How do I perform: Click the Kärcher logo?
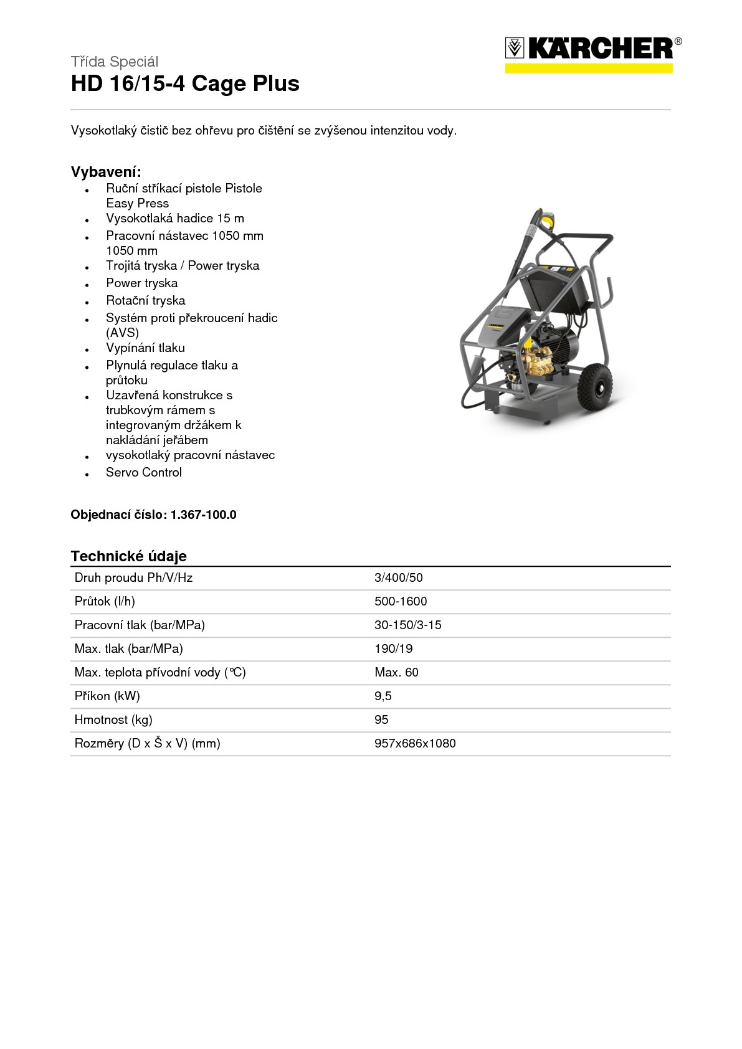click(x=592, y=53)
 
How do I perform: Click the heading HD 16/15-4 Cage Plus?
click(x=185, y=83)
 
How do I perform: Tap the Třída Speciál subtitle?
click(x=115, y=62)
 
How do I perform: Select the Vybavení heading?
click(x=106, y=172)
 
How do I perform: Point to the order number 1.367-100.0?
click(x=203, y=515)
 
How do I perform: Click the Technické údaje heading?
click(x=128, y=556)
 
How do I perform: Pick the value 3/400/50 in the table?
click(x=398, y=577)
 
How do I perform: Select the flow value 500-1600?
click(x=401, y=601)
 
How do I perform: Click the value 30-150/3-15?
click(x=407, y=625)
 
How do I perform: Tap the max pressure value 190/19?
click(x=393, y=648)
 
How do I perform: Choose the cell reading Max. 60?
click(x=396, y=672)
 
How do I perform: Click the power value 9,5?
click(x=383, y=696)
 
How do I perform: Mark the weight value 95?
click(x=381, y=719)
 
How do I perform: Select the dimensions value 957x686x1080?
click(x=415, y=743)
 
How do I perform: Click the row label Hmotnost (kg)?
click(x=113, y=719)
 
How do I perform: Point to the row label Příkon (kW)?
click(x=107, y=696)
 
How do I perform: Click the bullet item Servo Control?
click(x=144, y=472)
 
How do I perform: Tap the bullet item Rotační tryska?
click(x=145, y=300)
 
